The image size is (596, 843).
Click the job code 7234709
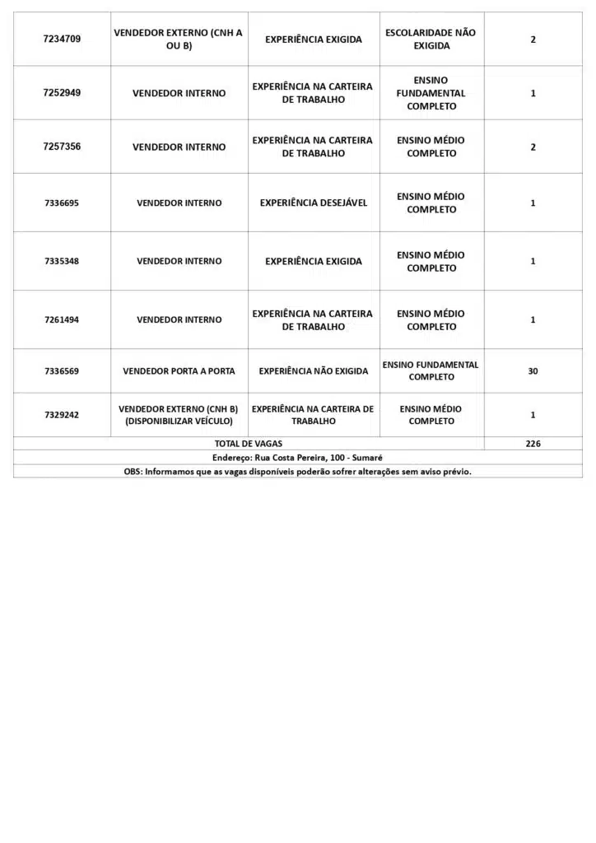(x=62, y=39)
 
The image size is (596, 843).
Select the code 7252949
(x=62, y=93)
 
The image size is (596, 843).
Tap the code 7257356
(x=62, y=147)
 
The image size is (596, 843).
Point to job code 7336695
(x=62, y=203)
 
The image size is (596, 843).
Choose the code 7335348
(x=62, y=261)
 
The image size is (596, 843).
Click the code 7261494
(x=62, y=319)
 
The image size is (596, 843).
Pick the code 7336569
(x=62, y=371)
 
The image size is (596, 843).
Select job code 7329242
(x=62, y=415)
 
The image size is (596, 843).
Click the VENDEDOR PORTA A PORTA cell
(x=179, y=371)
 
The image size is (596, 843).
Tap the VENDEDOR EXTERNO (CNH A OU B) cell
(x=179, y=39)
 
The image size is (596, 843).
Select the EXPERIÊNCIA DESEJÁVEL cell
(x=313, y=203)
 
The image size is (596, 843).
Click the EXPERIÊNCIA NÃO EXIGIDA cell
(x=313, y=371)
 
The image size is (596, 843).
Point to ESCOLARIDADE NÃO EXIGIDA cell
(x=431, y=39)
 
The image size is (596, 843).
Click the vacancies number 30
(x=533, y=371)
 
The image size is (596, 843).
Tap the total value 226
(x=533, y=443)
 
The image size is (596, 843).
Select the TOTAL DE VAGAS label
(x=248, y=443)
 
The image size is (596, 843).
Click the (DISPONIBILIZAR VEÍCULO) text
(x=179, y=421)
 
